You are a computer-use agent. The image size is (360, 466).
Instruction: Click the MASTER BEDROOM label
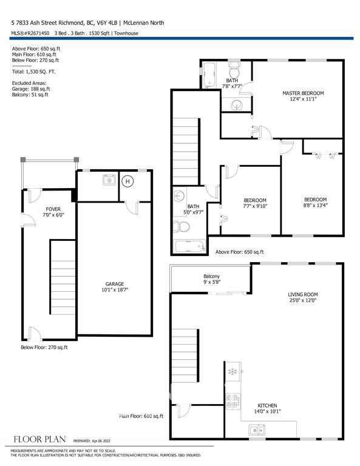[303, 93]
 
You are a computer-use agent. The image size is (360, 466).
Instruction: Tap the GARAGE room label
[115, 284]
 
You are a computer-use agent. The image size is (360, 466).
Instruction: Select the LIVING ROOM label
[302, 294]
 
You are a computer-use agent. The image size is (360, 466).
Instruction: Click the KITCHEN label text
[267, 405]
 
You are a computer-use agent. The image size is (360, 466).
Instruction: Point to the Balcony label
[212, 276]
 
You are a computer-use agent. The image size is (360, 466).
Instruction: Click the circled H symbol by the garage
[127, 181]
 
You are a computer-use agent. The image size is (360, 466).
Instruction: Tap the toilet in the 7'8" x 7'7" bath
[234, 70]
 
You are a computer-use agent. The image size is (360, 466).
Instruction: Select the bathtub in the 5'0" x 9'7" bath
[190, 246]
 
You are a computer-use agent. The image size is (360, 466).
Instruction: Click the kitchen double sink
[257, 430]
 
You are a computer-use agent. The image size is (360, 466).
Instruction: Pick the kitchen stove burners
[233, 401]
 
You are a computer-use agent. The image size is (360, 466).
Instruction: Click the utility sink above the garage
[109, 180]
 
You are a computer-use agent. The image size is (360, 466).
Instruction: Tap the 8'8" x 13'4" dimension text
[316, 205]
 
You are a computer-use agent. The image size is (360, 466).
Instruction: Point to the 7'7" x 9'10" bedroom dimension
[255, 206]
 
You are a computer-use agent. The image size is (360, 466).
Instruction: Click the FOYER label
[53, 209]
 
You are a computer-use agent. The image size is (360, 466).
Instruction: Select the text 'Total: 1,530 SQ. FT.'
[33, 72]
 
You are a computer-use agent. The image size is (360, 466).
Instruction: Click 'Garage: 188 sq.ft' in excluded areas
[31, 89]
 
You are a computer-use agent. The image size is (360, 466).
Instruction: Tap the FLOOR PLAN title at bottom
[39, 439]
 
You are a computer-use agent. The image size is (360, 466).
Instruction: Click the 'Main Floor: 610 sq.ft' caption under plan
[141, 416]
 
